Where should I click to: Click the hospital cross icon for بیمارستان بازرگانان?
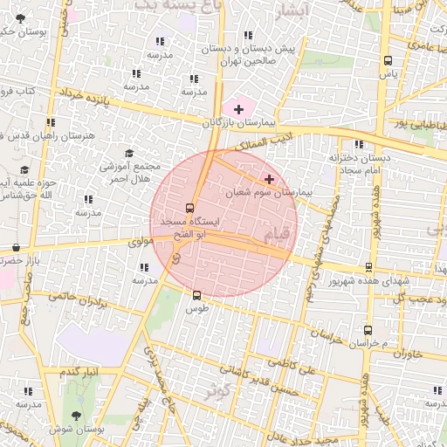[238, 108]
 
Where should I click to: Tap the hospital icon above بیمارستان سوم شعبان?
[269, 179]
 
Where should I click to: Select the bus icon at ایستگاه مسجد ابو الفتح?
[190, 208]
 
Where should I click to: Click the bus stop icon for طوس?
[196, 295]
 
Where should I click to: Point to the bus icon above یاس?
[388, 60]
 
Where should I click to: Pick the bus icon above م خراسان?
[368, 330]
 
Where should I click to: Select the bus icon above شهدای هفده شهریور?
[368, 267]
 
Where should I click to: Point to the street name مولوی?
[141, 242]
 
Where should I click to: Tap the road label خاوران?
[408, 354]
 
